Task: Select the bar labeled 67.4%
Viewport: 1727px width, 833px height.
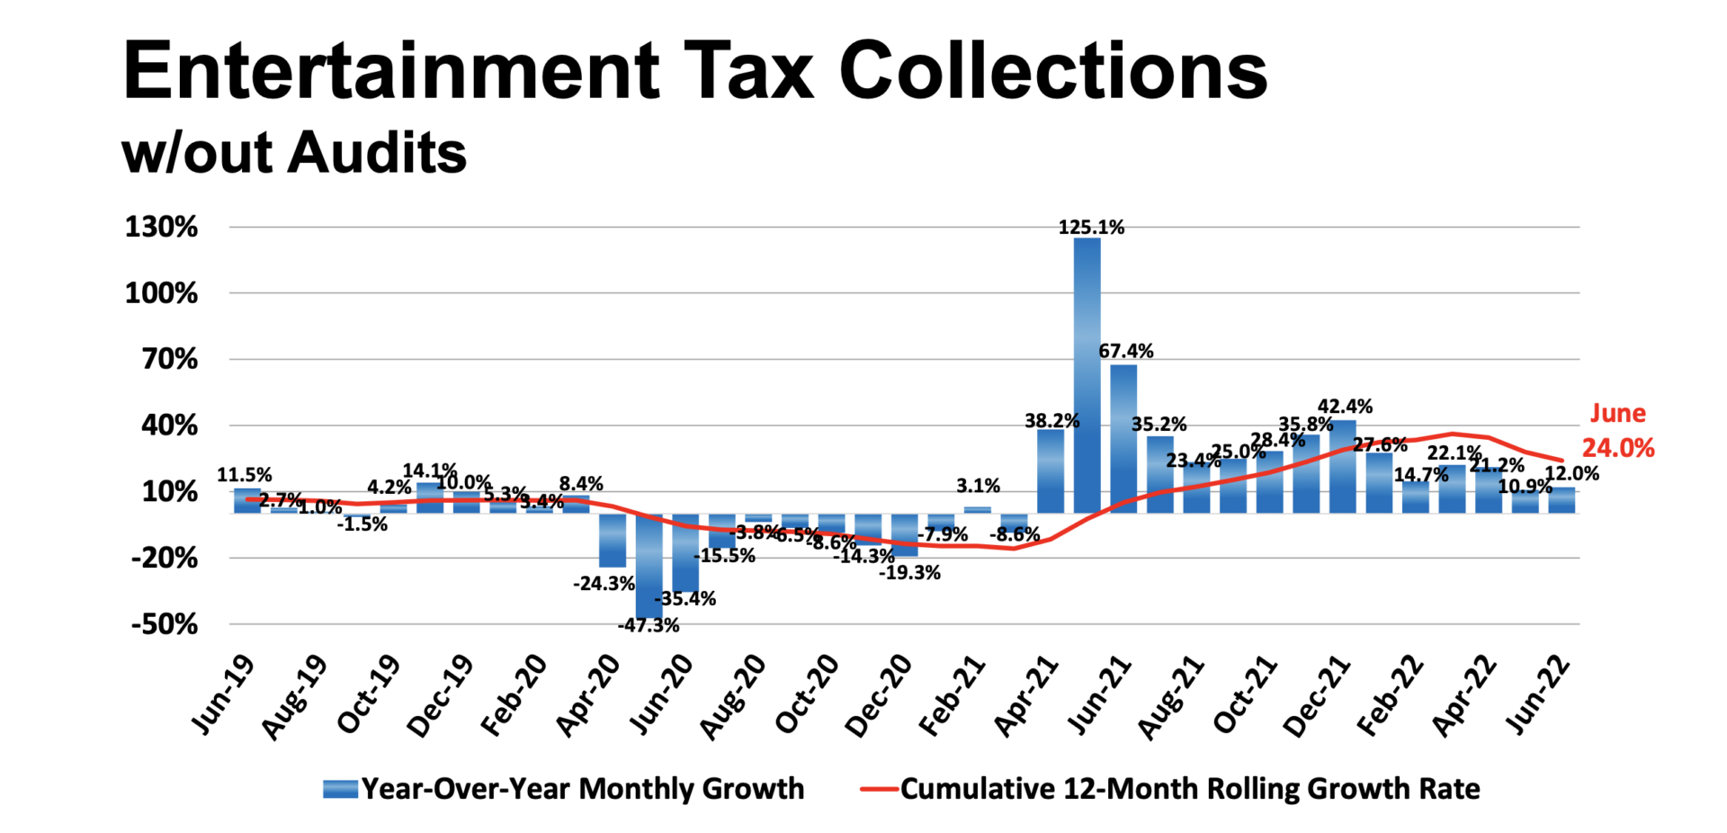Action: [1123, 438]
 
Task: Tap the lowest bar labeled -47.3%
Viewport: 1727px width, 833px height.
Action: [649, 566]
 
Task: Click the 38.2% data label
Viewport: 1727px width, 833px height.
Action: [1051, 420]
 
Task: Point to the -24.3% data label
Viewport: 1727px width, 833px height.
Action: [604, 583]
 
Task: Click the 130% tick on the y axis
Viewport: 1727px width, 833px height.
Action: [162, 227]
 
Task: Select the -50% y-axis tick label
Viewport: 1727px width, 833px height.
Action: [165, 624]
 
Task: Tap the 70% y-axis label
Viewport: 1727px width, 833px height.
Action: [169, 359]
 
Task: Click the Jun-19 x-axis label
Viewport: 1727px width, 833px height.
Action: [222, 694]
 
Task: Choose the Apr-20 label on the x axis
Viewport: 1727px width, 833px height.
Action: [588, 695]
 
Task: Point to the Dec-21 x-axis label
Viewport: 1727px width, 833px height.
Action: [1318, 695]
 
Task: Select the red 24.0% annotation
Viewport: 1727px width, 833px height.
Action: [1618, 448]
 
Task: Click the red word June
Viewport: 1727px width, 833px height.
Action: [1617, 413]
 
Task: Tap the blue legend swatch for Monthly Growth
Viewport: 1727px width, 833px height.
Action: [340, 789]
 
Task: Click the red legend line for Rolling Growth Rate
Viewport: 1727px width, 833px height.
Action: [878, 789]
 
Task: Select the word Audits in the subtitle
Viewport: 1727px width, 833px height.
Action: [378, 153]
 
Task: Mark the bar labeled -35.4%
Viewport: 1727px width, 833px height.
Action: [685, 552]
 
